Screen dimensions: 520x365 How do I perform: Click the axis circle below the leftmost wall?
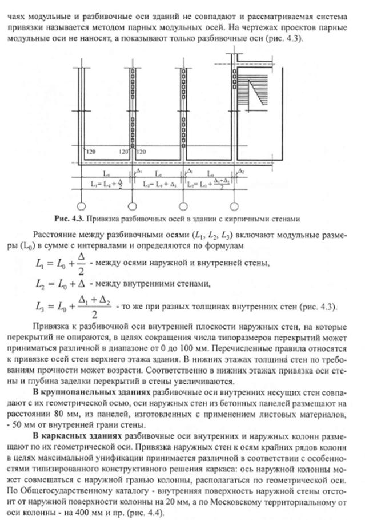81,204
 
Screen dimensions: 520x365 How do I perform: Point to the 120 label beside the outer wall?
91,152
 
